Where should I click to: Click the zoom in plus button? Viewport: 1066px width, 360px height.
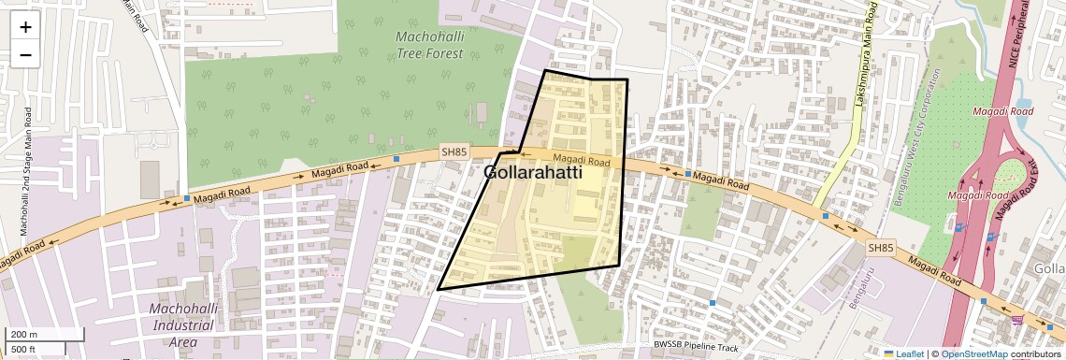[x=25, y=27]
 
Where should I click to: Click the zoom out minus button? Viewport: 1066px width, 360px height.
[x=25, y=54]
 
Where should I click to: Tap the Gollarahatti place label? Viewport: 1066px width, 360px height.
[x=533, y=173]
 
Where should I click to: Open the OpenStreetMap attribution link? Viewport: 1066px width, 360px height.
[x=973, y=353]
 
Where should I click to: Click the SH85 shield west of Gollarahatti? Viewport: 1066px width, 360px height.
[x=454, y=151]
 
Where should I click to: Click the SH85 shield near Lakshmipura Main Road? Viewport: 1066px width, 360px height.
[x=879, y=247]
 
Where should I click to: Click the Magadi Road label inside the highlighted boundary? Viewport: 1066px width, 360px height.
[x=581, y=161]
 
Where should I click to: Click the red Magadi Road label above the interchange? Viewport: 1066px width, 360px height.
[x=1002, y=111]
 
